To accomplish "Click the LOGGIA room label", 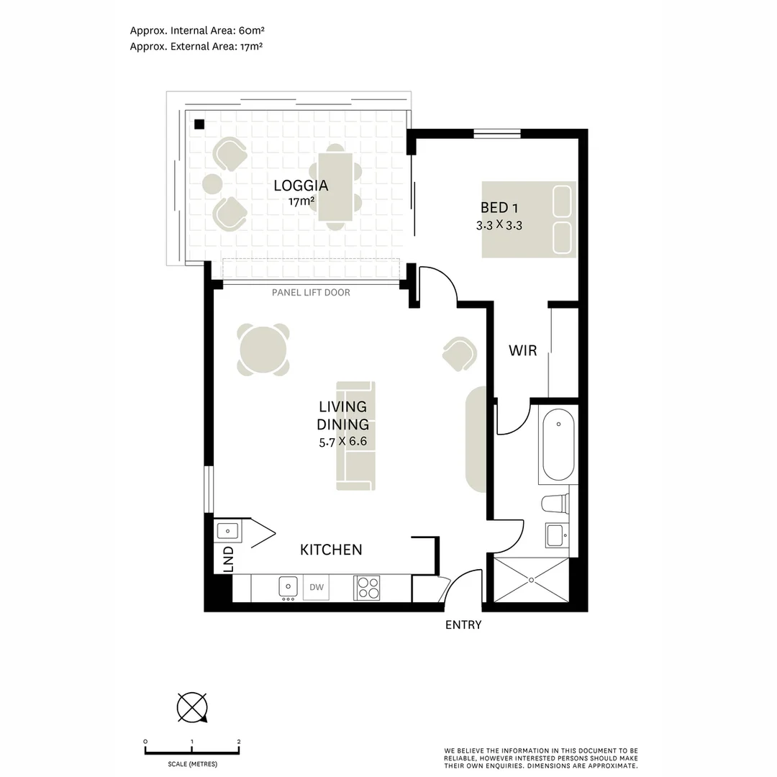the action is click(301, 186).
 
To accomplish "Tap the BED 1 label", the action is click(499, 208).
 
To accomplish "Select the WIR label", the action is click(523, 350).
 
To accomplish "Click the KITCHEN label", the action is click(331, 550).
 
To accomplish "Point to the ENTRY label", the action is click(463, 625).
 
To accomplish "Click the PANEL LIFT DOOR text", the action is click(311, 292).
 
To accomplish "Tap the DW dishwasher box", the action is click(316, 587).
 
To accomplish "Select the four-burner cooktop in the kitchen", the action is click(367, 588).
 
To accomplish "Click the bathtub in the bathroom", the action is click(558, 445).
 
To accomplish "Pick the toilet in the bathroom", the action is click(555, 504).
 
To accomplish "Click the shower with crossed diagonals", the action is click(531, 580).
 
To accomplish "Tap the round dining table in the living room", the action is click(263, 350).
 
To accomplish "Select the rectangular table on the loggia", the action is click(335, 187).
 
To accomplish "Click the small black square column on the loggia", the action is click(199, 124).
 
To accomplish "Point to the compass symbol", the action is click(192, 707).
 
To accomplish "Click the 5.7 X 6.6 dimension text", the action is click(343, 442).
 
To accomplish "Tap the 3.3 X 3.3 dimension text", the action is click(499, 225).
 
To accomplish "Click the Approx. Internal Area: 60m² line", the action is click(197, 30).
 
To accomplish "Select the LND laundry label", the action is click(229, 559).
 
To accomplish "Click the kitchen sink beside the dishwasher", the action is click(288, 587).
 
